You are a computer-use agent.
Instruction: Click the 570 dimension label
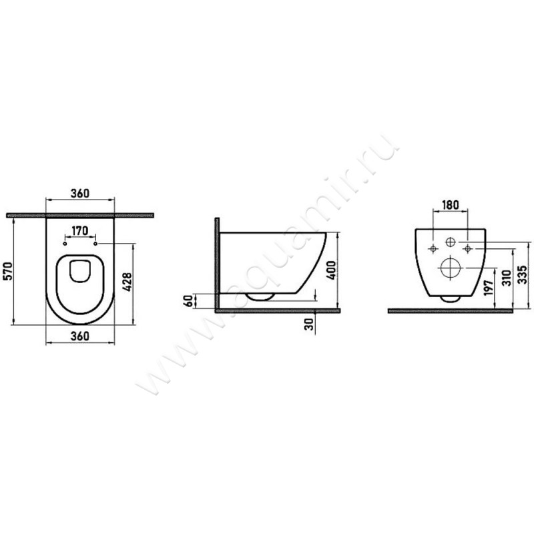[8, 272]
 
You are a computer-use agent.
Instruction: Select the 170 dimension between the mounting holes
[80, 231]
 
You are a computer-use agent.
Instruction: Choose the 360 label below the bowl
[79, 336]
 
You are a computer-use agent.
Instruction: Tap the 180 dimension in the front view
[451, 205]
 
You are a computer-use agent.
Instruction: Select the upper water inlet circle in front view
[451, 241]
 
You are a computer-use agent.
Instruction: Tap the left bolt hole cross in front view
[433, 249]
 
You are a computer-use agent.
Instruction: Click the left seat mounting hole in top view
[64, 244]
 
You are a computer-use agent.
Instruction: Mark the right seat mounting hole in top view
[96, 244]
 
